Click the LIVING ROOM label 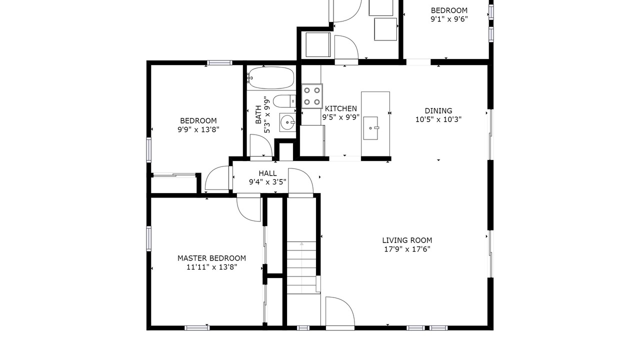coord(407,240)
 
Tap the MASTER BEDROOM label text coord(211,258)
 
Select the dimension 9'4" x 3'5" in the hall coord(267,182)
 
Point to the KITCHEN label coord(341,108)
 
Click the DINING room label coord(438,110)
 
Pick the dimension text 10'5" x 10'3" coord(438,119)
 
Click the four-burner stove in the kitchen coord(312,96)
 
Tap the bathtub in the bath coord(270,77)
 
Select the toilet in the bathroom coord(284,101)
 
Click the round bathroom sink coord(287,122)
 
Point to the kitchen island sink coord(371,128)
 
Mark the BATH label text coord(258,114)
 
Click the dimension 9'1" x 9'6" coord(449,19)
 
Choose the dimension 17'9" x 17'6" coord(407,249)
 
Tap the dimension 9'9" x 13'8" coord(198,129)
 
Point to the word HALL coord(267,173)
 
